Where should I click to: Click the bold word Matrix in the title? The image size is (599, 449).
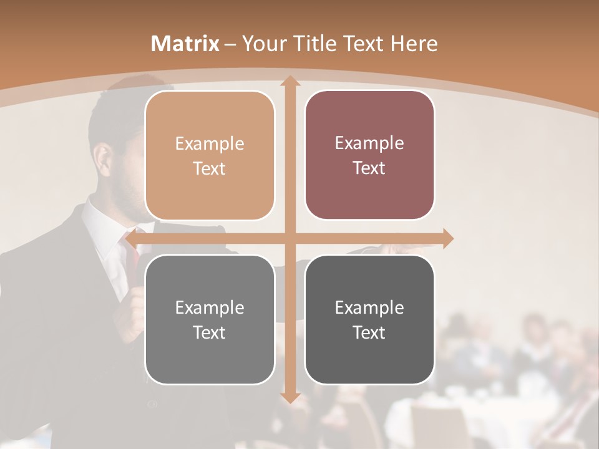(185, 44)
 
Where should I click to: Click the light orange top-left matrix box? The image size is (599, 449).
(210, 156)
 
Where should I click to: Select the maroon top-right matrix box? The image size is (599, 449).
(369, 155)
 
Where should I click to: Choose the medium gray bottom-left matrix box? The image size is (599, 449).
(210, 320)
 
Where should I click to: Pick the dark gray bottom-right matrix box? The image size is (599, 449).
(369, 320)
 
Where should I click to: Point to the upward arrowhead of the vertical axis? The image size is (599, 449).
(289, 81)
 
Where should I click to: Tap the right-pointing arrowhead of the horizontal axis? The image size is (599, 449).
(447, 238)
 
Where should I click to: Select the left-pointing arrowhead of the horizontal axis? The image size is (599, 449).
(132, 238)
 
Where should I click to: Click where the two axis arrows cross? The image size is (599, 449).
(289, 238)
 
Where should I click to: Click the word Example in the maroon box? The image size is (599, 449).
(369, 143)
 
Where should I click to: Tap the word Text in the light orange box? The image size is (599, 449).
(210, 169)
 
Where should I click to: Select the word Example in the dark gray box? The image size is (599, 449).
(369, 307)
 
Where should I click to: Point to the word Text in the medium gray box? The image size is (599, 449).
(210, 332)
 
